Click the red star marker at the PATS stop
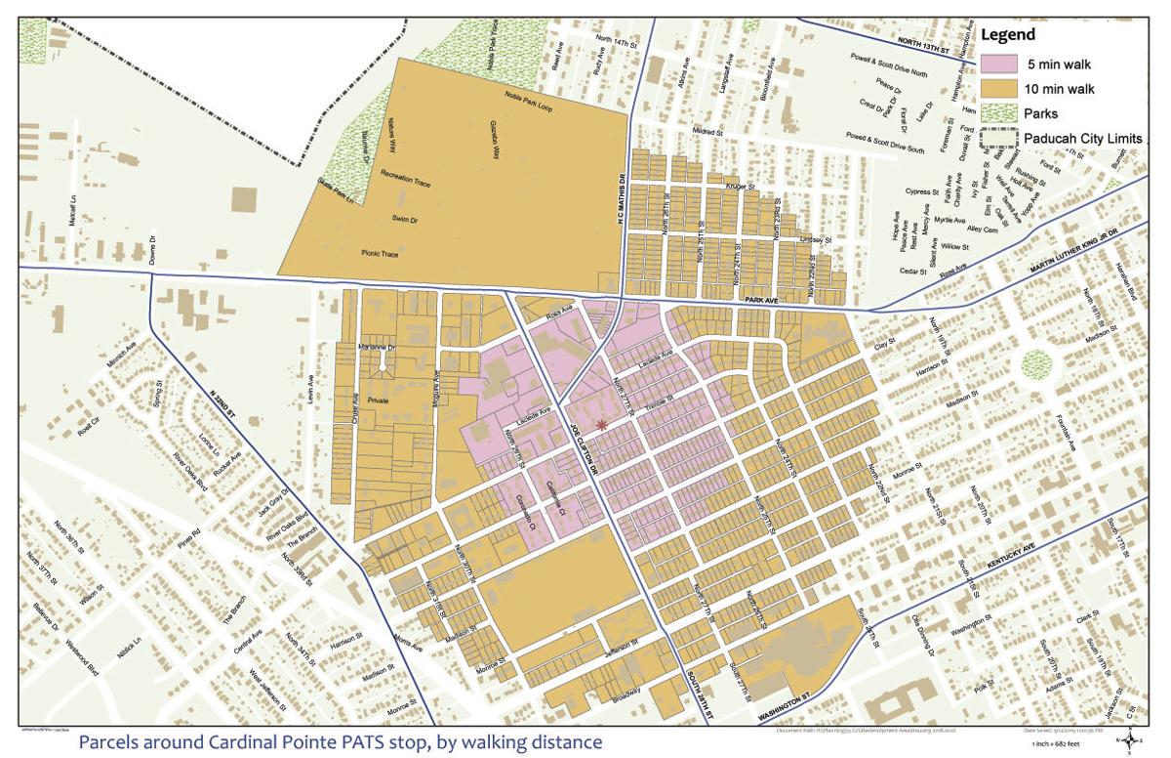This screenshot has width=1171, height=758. (602, 423)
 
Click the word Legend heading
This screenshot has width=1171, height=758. (1007, 35)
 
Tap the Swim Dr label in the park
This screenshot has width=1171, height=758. (405, 219)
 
